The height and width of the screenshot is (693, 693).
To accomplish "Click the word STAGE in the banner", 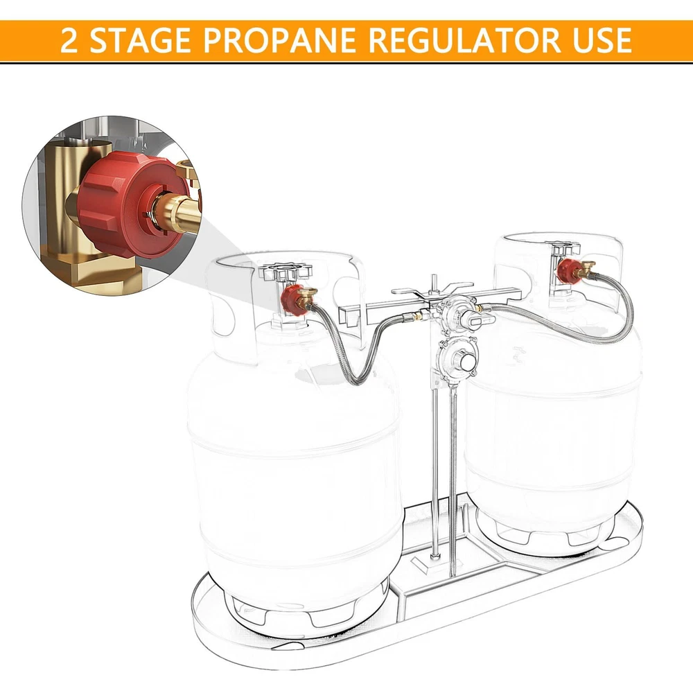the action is click(141, 40).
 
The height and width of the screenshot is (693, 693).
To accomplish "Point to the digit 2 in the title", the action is click(69, 40).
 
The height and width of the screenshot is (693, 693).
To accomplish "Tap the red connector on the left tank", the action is click(292, 299).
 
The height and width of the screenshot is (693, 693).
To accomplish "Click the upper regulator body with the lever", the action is click(456, 313).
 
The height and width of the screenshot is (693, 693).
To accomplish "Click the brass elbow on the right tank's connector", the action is click(586, 267).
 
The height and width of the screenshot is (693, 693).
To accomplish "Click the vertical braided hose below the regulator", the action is click(452, 482).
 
